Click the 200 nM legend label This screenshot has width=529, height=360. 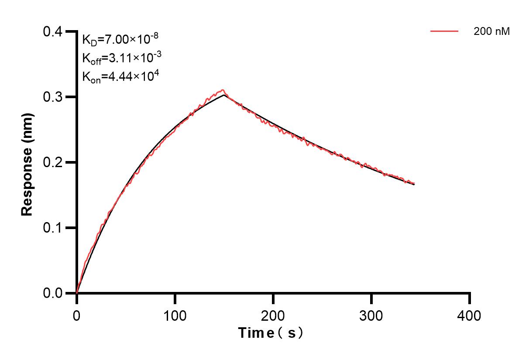[x=492, y=31]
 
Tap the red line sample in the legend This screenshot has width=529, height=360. [x=444, y=31]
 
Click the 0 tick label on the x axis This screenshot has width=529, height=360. [x=77, y=315]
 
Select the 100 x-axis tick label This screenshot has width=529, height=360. [x=175, y=315]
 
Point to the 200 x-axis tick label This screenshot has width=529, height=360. [x=273, y=315]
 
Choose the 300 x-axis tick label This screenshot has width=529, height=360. [x=371, y=315]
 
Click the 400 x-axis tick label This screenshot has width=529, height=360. [x=470, y=315]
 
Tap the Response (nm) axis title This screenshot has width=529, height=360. [x=27, y=162]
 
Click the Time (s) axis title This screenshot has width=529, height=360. [x=271, y=333]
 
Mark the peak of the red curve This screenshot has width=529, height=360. [x=223, y=90]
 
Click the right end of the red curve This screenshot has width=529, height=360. [x=414, y=183]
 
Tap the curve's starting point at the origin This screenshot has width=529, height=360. [x=77, y=293]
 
